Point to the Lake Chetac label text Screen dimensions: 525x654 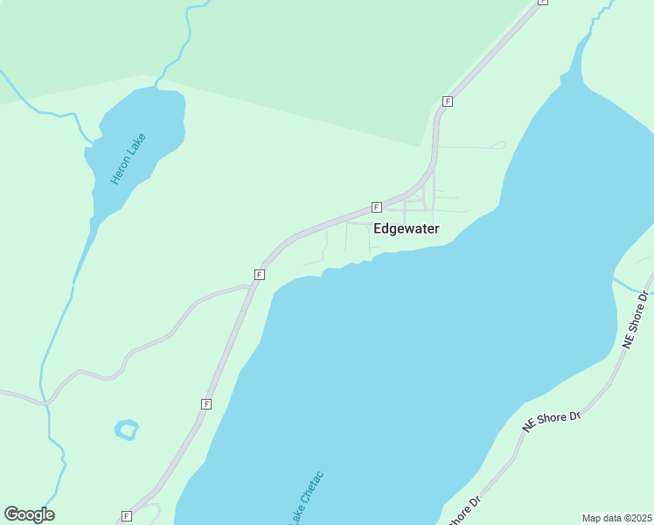click(305, 499)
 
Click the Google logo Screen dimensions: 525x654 click(29, 514)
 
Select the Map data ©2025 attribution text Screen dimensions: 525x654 click(617, 518)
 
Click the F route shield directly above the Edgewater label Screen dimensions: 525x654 click(376, 207)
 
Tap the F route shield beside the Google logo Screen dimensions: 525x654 click(127, 516)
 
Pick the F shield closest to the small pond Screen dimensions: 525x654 click(206, 403)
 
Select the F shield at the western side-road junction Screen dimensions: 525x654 click(260, 275)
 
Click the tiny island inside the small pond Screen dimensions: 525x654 click(128, 430)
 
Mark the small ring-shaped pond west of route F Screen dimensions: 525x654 click(118, 430)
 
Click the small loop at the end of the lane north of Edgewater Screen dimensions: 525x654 click(499, 144)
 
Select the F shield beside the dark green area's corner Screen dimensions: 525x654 click(448, 101)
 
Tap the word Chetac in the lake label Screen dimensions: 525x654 click(313, 488)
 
